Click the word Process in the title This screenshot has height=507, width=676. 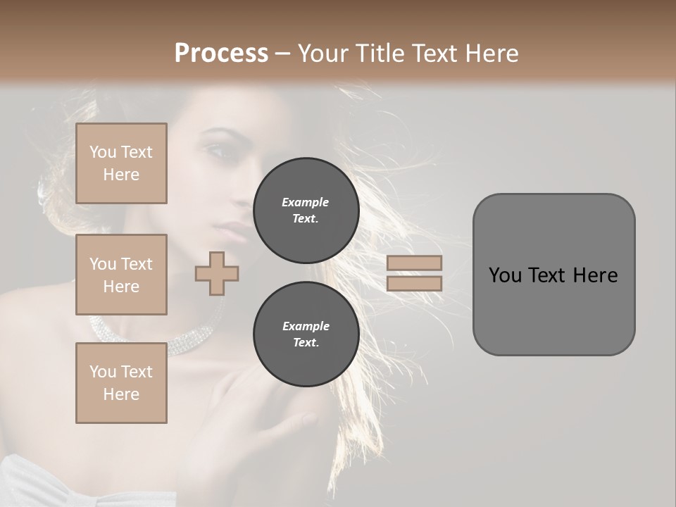coord(221,54)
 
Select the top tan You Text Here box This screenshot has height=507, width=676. coord(121,163)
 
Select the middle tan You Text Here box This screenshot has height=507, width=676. coord(121,275)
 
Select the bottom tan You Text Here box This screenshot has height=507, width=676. coord(121,383)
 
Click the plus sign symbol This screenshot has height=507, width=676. coord(217,273)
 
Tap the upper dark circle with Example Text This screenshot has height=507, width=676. coord(306,211)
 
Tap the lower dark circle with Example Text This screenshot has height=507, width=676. coord(306,334)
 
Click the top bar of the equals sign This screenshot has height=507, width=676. coord(414,263)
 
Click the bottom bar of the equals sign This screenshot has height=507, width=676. coord(414,284)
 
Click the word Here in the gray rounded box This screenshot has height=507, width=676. coord(595,275)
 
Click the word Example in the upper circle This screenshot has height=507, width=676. coord(306,202)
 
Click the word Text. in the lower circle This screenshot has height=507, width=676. coord(306,343)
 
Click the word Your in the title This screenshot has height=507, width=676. coord(323,54)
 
